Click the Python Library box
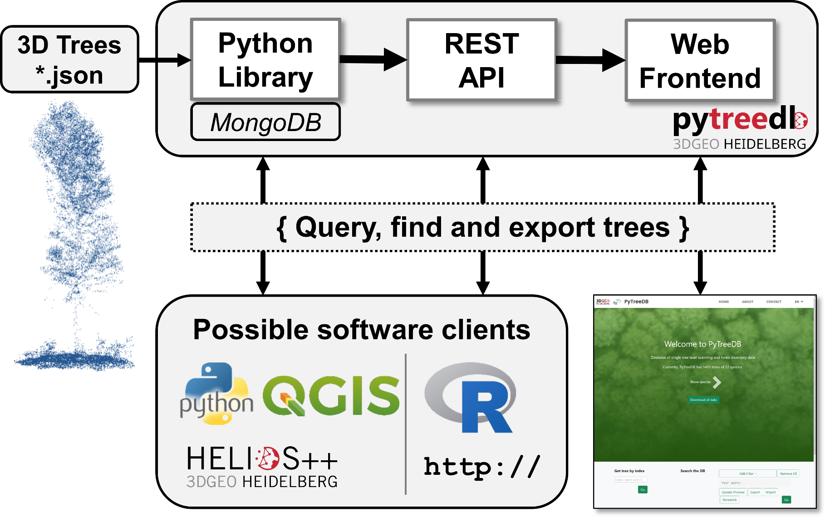(x=265, y=59)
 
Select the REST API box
(x=481, y=59)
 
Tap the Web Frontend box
(x=700, y=60)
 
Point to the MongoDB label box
(x=265, y=122)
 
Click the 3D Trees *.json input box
(x=69, y=59)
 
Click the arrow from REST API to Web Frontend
(x=590, y=60)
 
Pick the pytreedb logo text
(x=740, y=120)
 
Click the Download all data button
(x=703, y=400)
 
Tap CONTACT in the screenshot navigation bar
(x=774, y=302)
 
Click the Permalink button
(x=730, y=500)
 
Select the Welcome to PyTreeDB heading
(x=702, y=344)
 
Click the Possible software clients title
(x=362, y=330)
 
